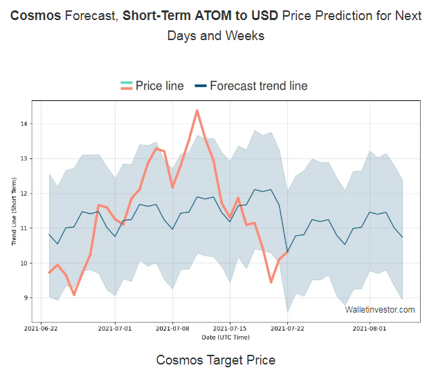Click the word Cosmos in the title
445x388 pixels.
click(35, 15)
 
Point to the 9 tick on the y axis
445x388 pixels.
click(25, 298)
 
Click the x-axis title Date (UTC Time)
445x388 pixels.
click(226, 338)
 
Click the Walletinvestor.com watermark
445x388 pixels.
click(380, 309)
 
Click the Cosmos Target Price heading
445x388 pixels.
click(216, 360)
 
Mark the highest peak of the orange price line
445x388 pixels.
click(197, 111)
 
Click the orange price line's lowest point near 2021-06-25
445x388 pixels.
click(74, 295)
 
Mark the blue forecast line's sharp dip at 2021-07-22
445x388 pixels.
click(287, 252)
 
